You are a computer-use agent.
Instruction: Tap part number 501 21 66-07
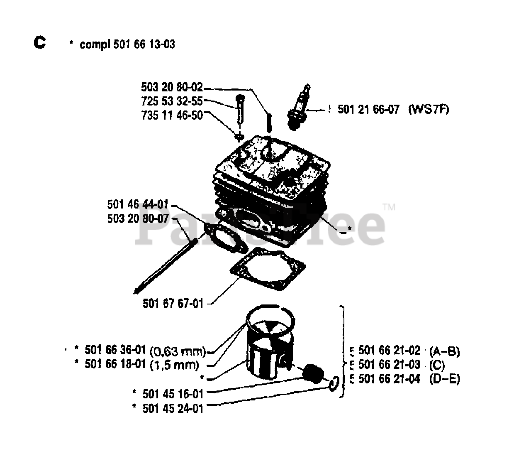[368, 110]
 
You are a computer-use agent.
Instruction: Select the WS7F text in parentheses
[429, 110]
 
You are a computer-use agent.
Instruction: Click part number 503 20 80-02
[172, 87]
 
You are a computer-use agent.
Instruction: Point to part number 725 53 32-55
[172, 101]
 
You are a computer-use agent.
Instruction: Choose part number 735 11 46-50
[172, 115]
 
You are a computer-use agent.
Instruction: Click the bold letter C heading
[40, 42]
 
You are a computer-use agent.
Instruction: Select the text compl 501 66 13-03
[127, 44]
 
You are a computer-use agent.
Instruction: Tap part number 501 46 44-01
[138, 204]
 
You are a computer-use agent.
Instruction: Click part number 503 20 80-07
[138, 218]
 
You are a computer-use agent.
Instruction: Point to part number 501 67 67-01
[173, 304]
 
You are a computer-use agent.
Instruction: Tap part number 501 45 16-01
[173, 393]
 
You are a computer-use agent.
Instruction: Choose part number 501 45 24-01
[173, 408]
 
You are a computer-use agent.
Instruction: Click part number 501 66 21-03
[389, 365]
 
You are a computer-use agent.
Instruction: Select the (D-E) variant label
[445, 379]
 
